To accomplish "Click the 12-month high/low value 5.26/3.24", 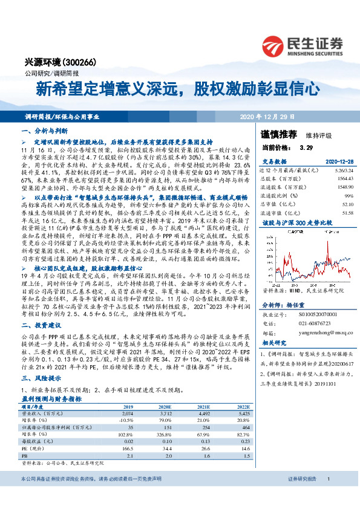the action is pyautogui.click(x=339, y=170).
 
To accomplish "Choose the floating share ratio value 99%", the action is pyautogui.click(x=347, y=196).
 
